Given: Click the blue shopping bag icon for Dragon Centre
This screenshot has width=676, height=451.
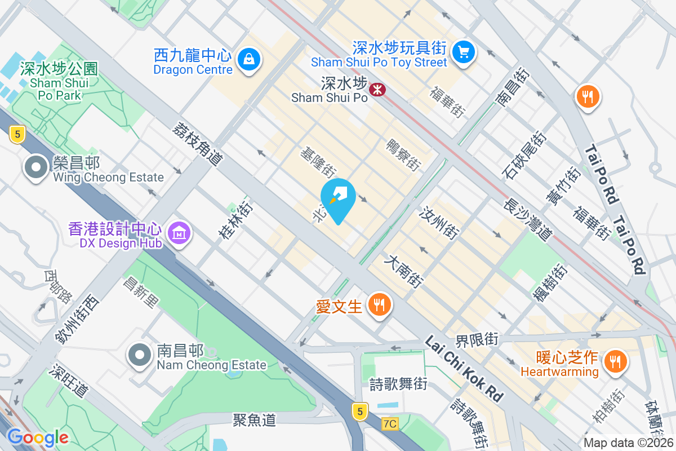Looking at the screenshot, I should (x=248, y=58).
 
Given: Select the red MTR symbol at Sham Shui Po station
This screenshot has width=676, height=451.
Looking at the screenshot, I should (x=376, y=89).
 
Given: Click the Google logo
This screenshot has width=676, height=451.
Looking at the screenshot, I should (x=37, y=437).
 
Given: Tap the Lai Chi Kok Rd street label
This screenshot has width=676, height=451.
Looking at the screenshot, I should (x=464, y=369).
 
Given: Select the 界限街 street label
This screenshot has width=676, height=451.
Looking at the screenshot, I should (x=477, y=340).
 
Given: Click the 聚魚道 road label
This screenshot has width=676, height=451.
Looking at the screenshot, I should (x=255, y=419).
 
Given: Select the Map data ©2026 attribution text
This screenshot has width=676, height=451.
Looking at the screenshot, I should (x=628, y=443).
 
